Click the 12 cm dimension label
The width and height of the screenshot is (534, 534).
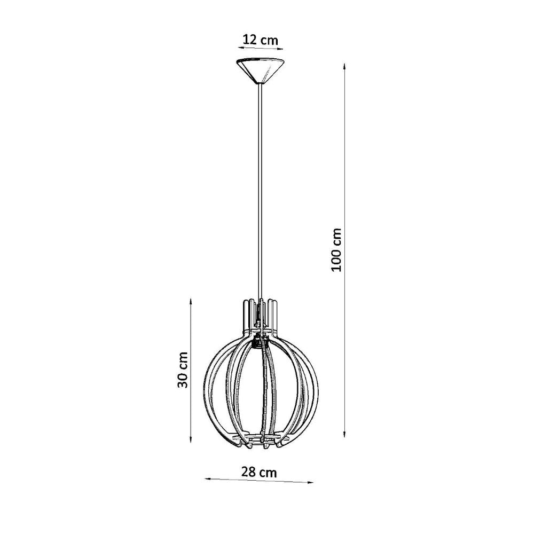pos(260,40)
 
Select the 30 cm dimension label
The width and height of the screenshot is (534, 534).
pos(183,370)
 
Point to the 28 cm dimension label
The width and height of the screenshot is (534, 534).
pos(260,472)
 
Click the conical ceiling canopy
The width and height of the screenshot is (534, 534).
pos(260,69)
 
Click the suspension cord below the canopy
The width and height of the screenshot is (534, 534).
pos(260,187)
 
